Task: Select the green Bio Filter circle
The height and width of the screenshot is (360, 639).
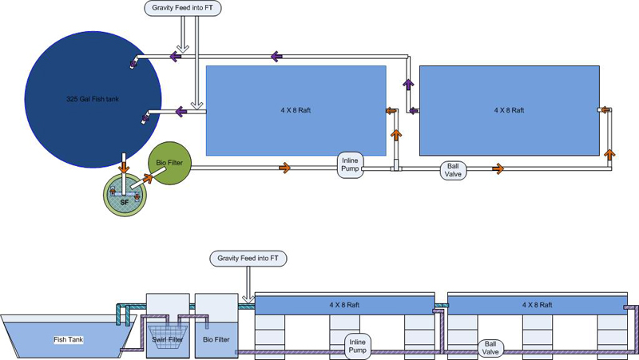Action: pos(169,164)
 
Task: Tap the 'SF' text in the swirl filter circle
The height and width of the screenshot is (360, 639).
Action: pos(124,202)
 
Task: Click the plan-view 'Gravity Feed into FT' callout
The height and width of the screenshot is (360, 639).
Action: pos(182,9)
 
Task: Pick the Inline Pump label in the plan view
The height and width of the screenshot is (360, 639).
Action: pos(350,163)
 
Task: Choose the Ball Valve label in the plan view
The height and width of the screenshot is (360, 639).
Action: pos(454,169)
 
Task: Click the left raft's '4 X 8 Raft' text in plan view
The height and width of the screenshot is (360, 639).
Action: pos(296,109)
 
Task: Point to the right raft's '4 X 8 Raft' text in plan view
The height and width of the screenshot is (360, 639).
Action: pos(510,109)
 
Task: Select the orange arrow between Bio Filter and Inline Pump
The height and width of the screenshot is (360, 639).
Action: pos(284,168)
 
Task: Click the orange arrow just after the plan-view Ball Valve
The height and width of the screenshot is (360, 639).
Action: pos(498,168)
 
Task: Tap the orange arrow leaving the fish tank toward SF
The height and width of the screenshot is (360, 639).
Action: pos(124,168)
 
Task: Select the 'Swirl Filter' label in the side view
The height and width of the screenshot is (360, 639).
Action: pos(166,339)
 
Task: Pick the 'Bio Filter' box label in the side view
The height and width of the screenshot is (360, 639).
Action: pos(216,339)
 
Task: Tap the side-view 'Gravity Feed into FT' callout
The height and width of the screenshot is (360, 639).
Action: pos(248,259)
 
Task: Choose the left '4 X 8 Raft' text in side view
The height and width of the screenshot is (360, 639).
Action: pos(344,305)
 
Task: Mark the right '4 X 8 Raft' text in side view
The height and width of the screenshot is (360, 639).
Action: pos(537,305)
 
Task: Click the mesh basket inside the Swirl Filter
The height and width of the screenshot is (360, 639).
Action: pos(167,325)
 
